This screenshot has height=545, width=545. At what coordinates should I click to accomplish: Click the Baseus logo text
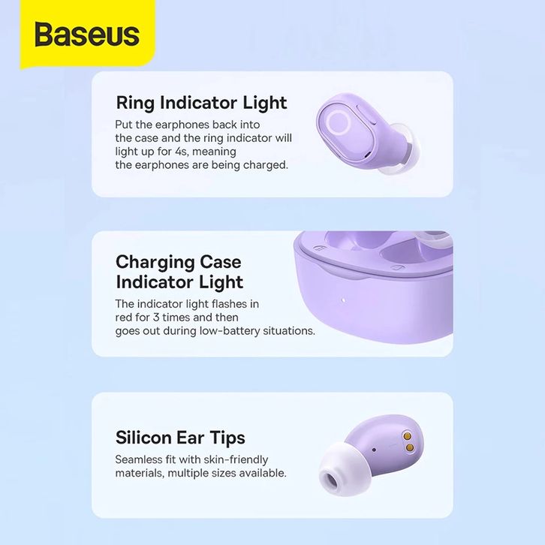[x=87, y=34]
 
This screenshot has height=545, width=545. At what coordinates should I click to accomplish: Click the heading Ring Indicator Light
[x=201, y=104]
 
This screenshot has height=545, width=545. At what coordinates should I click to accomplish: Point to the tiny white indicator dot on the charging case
[x=343, y=300]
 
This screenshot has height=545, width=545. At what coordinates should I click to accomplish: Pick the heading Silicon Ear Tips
[x=180, y=438]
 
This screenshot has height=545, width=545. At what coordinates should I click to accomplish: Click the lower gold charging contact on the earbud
[x=409, y=447]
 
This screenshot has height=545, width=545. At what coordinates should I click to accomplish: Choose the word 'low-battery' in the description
[x=230, y=330]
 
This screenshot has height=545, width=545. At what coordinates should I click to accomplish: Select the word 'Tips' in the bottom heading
[x=227, y=438]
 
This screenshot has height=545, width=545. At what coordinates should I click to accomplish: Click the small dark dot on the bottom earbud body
[x=374, y=450]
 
